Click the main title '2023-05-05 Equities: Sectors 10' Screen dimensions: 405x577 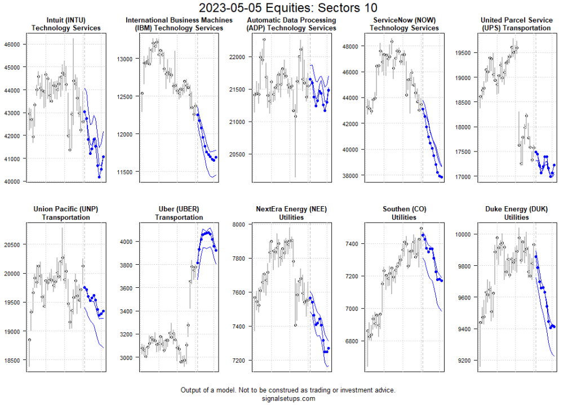pos(288,8)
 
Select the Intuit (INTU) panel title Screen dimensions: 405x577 pos(66,24)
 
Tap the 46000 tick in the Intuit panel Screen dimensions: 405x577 pos(12,44)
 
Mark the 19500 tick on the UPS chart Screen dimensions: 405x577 pos(463,53)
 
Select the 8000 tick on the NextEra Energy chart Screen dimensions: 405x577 pos(239,224)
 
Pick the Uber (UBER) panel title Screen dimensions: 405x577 pos(179,213)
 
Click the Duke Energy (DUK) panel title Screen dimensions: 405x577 pos(516,213)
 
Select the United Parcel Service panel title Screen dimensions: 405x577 pos(516,24)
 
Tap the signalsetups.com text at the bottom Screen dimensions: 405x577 pos(288,398)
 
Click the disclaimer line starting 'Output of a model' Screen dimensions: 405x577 pos(288,390)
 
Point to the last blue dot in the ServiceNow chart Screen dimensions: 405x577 pos(442,177)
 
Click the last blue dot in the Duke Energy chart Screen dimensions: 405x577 pos(554,326)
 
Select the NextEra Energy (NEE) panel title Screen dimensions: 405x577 pos(291,213)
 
